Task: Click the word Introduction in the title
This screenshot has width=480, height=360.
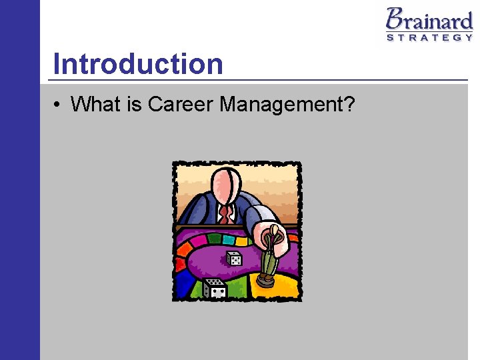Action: pyautogui.click(x=138, y=64)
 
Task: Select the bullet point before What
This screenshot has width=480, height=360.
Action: pyautogui.click(x=59, y=105)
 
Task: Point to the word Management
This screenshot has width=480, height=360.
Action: pyautogui.click(x=280, y=104)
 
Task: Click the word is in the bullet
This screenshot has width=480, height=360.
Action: pyautogui.click(x=132, y=104)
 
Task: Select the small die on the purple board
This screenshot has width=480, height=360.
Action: pyautogui.click(x=234, y=259)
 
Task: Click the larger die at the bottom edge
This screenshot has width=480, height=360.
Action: pyautogui.click(x=215, y=289)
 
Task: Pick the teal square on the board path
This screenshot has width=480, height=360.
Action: pyautogui.click(x=229, y=239)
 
